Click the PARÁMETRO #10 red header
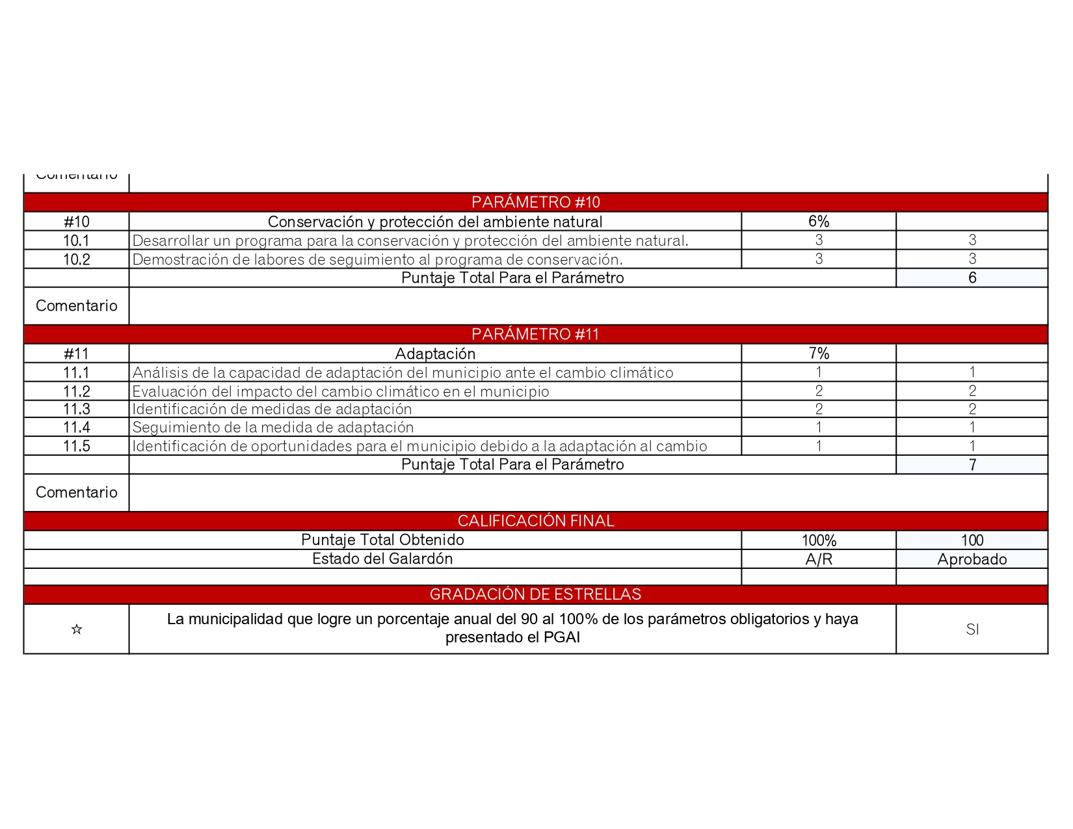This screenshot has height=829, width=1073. click(535, 202)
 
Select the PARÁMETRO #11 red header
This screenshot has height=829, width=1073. click(535, 334)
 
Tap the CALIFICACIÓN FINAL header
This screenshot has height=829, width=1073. click(535, 521)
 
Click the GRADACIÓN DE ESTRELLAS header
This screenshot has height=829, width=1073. click(535, 594)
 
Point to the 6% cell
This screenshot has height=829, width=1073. click(818, 222)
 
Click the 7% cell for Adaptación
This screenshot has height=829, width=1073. click(818, 354)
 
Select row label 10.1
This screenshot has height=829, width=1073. click(76, 241)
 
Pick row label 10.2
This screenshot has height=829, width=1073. click(76, 259)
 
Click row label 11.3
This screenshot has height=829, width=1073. click(76, 409)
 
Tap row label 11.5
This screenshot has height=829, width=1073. click(76, 446)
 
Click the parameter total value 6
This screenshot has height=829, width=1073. click(972, 278)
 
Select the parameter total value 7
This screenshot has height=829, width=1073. click(972, 465)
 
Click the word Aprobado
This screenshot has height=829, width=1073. click(972, 559)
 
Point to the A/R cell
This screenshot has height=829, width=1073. click(818, 559)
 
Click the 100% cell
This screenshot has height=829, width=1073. click(818, 540)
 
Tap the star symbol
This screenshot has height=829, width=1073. click(76, 629)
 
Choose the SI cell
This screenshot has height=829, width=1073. click(972, 629)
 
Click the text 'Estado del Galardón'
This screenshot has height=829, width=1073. click(382, 559)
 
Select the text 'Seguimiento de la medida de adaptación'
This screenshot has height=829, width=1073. click(273, 427)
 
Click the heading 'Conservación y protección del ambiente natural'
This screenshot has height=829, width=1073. click(435, 222)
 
